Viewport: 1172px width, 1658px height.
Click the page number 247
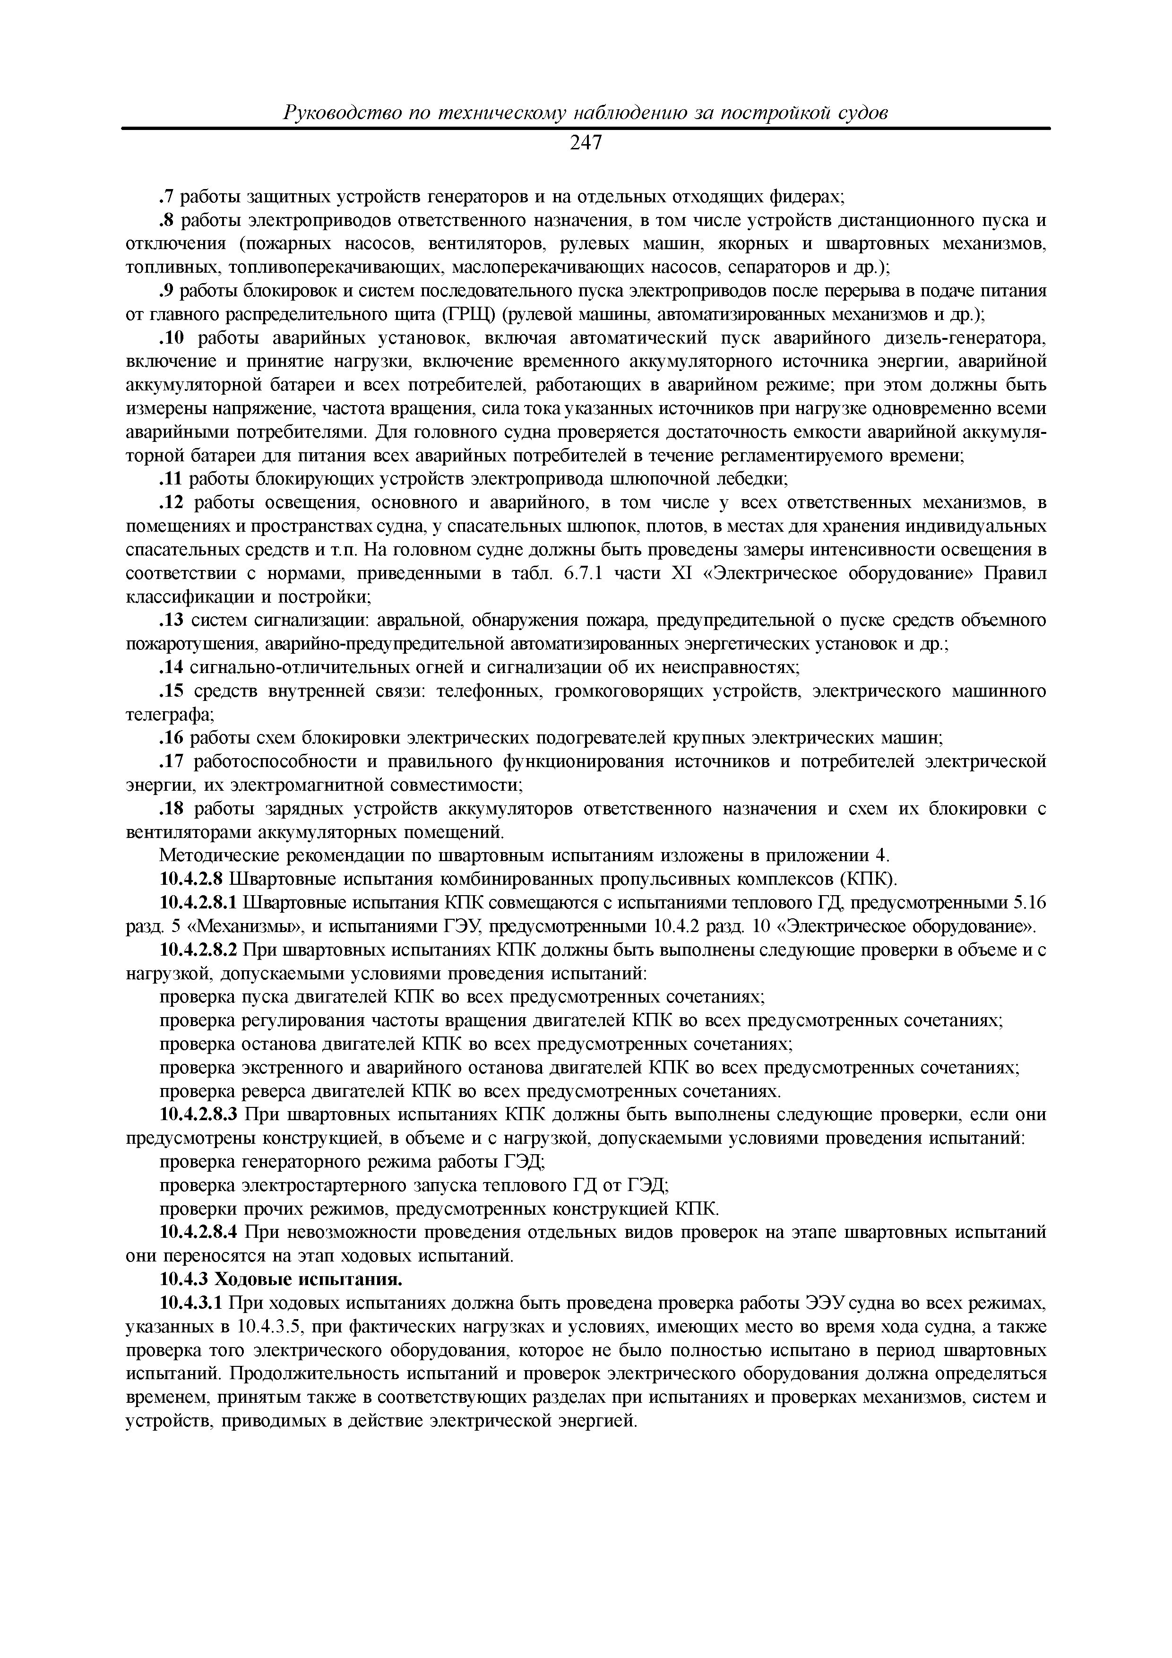[586, 144]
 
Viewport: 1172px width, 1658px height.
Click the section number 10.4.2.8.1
[198, 903]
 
